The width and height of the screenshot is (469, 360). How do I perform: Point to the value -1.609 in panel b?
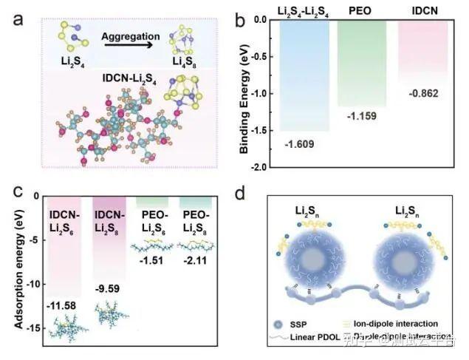click(302, 142)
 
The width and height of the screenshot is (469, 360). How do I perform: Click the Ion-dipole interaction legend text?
click(414, 324)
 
